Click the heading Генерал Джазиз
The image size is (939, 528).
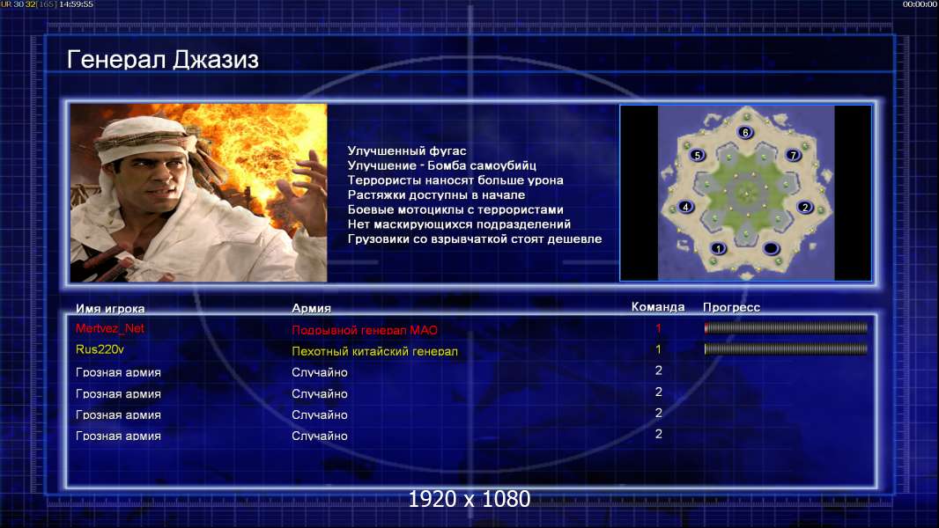(x=162, y=60)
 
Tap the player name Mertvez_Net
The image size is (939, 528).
(x=109, y=328)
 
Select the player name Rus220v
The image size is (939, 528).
(x=100, y=349)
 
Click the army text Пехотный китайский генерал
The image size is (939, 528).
(x=374, y=352)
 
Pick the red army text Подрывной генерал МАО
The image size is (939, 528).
(x=364, y=330)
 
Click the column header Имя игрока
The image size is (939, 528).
(x=110, y=309)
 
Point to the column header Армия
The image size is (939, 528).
(x=312, y=308)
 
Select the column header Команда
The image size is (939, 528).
(x=657, y=307)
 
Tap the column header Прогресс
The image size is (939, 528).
(x=731, y=307)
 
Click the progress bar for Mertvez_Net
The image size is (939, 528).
(x=786, y=327)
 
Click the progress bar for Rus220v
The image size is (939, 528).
(x=786, y=348)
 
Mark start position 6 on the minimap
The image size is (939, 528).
(x=745, y=132)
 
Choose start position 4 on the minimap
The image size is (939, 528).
(x=685, y=207)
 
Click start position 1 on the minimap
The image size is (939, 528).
(x=718, y=248)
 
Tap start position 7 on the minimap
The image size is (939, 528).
(x=793, y=155)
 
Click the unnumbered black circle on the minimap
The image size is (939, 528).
(x=771, y=248)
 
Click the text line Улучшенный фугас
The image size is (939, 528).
(x=407, y=150)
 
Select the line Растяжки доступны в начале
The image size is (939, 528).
(x=436, y=195)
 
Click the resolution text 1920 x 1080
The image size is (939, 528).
(x=469, y=499)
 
